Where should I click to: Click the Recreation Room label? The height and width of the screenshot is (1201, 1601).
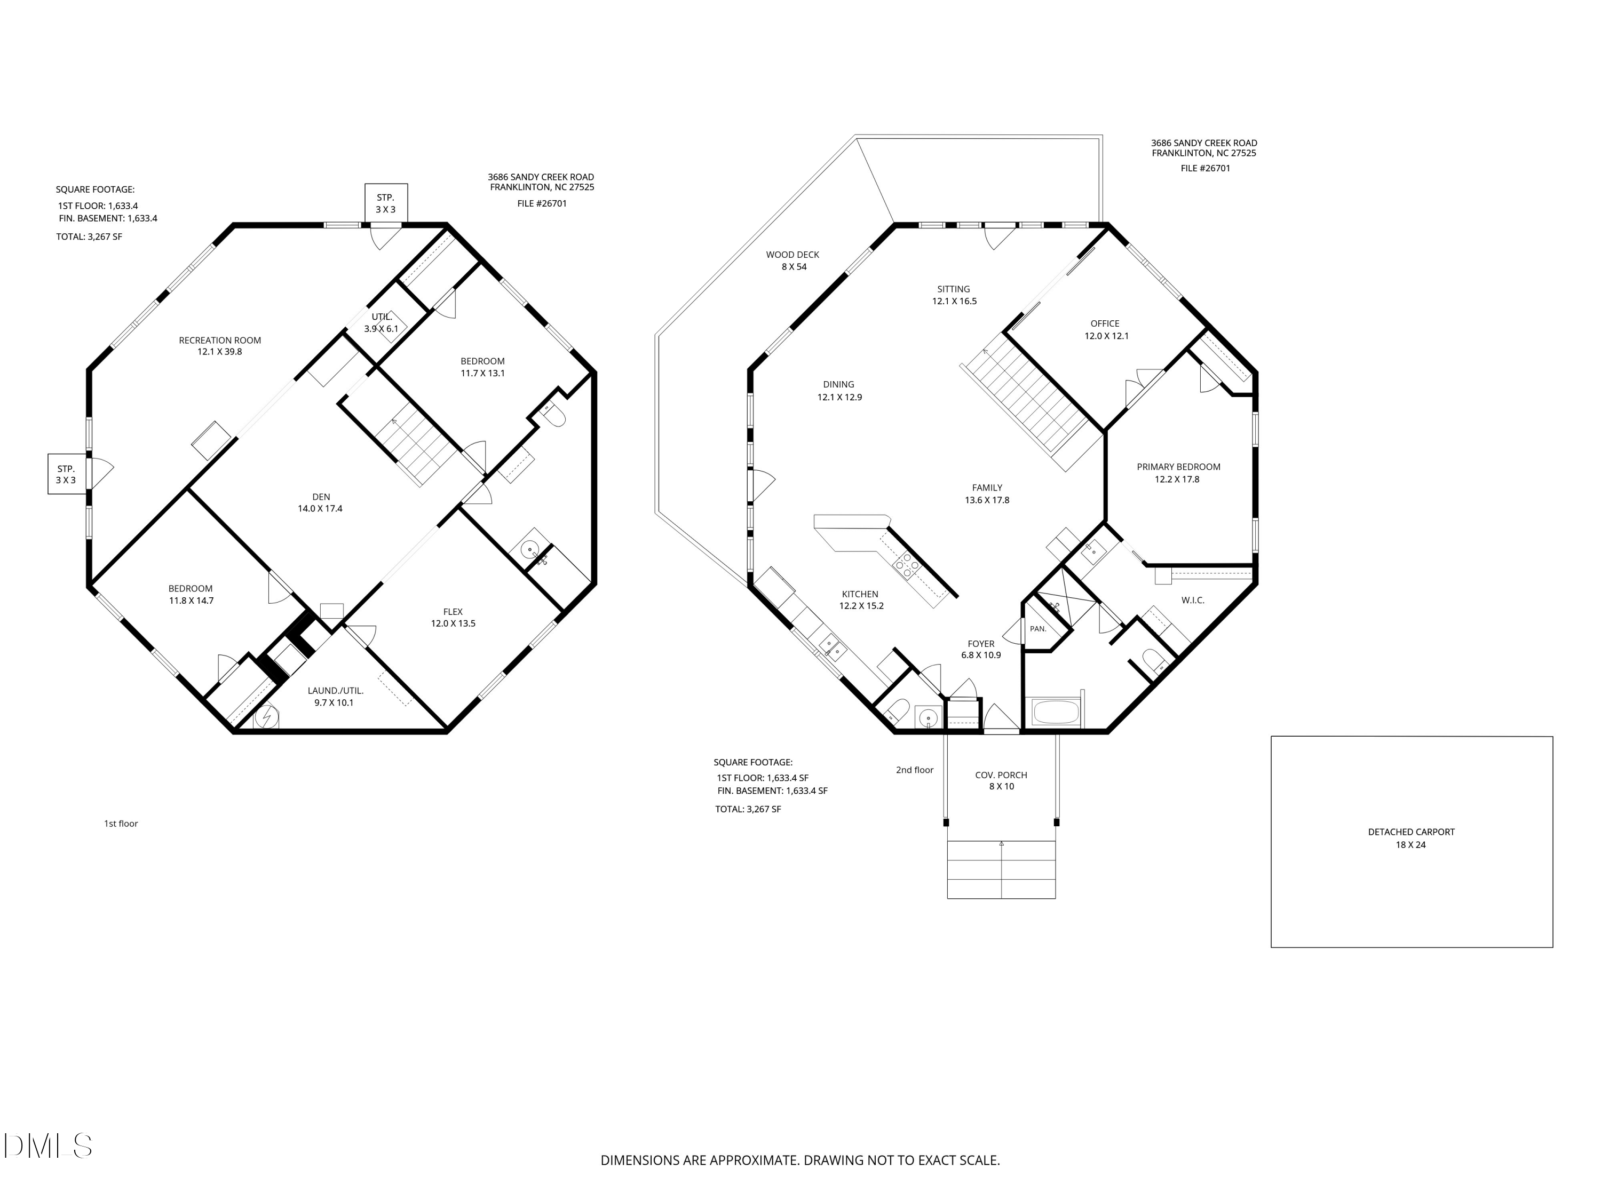pyautogui.click(x=220, y=340)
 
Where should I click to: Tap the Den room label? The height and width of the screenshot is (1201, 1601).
pyautogui.click(x=321, y=496)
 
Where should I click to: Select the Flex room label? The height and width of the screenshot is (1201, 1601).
pyautogui.click(x=453, y=612)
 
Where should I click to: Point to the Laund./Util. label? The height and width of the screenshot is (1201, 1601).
pyautogui.click(x=335, y=691)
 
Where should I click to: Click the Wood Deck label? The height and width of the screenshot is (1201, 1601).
pyautogui.click(x=792, y=255)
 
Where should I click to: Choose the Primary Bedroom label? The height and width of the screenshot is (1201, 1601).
pyautogui.click(x=1178, y=467)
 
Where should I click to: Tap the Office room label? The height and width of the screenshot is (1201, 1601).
pyautogui.click(x=1105, y=323)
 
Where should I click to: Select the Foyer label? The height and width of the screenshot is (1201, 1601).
pyautogui.click(x=981, y=644)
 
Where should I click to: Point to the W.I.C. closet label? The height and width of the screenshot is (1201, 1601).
pyautogui.click(x=1193, y=600)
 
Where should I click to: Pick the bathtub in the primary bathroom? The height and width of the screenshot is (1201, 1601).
pyautogui.click(x=1057, y=713)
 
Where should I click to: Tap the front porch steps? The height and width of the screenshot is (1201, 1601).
pyautogui.click(x=1002, y=870)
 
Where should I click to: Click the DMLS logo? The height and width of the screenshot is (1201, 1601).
pyautogui.click(x=48, y=1146)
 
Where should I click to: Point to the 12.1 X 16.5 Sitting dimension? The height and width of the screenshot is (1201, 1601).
pyautogui.click(x=954, y=301)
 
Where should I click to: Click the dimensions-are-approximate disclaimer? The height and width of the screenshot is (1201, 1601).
pyautogui.click(x=800, y=1160)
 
